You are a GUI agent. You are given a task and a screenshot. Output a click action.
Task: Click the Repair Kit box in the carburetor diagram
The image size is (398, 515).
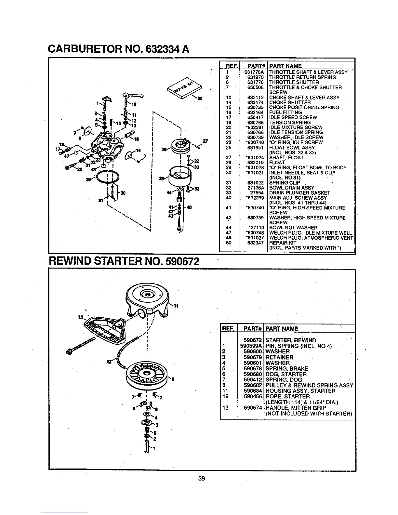tap(184, 87)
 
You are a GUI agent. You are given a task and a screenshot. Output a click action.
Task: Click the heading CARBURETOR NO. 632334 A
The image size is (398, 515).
tap(119, 49)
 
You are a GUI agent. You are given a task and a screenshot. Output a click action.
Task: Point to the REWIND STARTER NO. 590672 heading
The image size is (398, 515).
tap(124, 261)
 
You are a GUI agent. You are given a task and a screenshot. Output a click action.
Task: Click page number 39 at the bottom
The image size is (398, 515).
tap(201, 478)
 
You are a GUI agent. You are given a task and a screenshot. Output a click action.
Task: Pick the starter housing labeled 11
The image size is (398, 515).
tap(148, 300)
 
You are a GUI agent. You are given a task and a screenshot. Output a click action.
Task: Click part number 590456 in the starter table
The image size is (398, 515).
tap(253, 397)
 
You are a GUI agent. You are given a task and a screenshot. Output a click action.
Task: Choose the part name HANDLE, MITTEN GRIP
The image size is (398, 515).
tap(296, 408)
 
